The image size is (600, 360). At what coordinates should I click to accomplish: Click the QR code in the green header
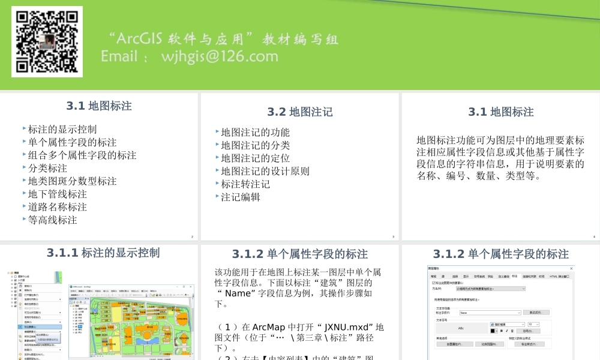47,41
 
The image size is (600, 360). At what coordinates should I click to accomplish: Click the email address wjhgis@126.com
220,56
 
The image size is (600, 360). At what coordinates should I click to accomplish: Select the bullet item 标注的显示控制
62,129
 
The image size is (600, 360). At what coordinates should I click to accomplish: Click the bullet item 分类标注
47,168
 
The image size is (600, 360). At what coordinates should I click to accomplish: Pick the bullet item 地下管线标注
58,194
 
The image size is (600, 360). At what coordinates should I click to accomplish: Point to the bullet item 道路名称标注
58,206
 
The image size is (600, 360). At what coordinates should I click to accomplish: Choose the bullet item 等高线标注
53,220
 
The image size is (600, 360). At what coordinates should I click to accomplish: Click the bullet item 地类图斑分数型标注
72,181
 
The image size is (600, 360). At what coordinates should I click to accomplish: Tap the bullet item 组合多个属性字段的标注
82,155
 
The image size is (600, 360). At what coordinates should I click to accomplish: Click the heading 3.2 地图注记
300,112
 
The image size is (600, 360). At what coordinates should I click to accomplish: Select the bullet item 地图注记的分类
255,145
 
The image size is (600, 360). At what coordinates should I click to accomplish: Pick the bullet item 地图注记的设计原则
265,170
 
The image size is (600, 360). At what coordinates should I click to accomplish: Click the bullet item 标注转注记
245,184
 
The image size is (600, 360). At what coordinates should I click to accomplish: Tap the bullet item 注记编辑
241,196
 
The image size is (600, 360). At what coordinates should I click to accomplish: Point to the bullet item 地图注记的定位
255,158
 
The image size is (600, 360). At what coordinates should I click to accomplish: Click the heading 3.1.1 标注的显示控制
103,253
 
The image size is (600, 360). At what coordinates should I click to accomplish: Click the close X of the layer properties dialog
571,268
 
